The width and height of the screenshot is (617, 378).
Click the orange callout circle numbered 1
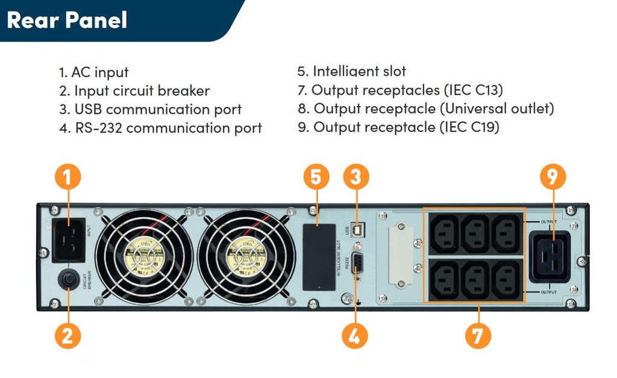click(x=67, y=178)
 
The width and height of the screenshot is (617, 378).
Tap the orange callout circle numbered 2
click(x=67, y=335)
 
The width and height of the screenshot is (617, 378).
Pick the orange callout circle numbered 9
click(x=553, y=178)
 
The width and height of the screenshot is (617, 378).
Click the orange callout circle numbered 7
click(x=477, y=335)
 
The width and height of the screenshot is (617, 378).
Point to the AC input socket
click(x=69, y=240)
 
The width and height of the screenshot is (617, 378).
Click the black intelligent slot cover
click(x=319, y=257)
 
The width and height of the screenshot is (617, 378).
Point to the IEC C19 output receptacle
click(x=550, y=257)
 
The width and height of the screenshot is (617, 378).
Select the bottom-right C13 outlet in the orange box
click(x=506, y=278)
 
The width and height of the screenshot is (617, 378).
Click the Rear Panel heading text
click(x=67, y=20)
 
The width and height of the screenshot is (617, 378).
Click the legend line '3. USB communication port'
click(x=151, y=110)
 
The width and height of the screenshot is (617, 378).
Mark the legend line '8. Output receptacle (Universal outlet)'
click(x=425, y=109)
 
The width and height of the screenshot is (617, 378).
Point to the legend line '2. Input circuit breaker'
click(x=134, y=91)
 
